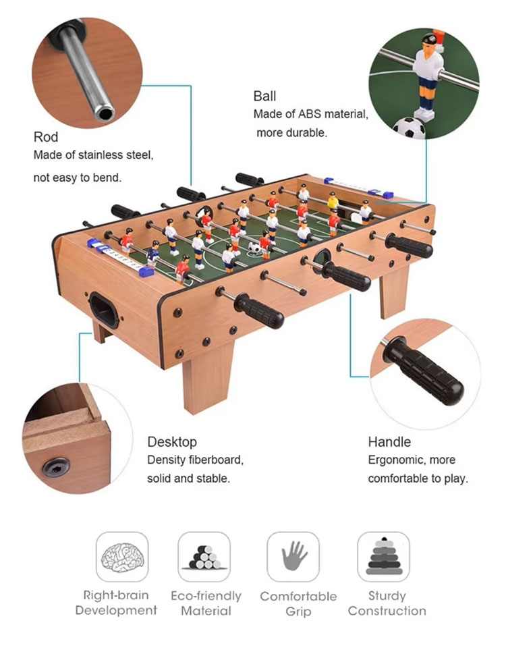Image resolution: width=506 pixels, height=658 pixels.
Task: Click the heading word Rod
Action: pyautogui.click(x=46, y=138)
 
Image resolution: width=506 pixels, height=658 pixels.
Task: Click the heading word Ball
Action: pyautogui.click(x=264, y=97)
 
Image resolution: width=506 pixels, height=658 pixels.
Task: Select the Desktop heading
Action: pyautogui.click(x=172, y=442)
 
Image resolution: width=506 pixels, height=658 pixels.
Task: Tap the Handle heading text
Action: pyautogui.click(x=389, y=442)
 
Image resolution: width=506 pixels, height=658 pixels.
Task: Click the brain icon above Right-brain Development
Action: pyautogui.click(x=122, y=557)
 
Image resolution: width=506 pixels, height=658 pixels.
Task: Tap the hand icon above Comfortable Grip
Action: pyautogui.click(x=293, y=557)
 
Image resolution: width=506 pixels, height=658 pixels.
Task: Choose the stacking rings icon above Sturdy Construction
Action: pyautogui.click(x=383, y=557)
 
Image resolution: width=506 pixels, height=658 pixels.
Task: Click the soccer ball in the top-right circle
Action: pyautogui.click(x=409, y=128)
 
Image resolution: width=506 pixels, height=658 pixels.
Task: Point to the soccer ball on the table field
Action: pyautogui.click(x=254, y=248)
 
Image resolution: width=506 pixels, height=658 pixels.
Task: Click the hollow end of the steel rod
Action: pyautogui.click(x=105, y=115)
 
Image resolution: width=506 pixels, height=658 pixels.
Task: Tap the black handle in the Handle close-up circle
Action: pyautogui.click(x=428, y=371)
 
